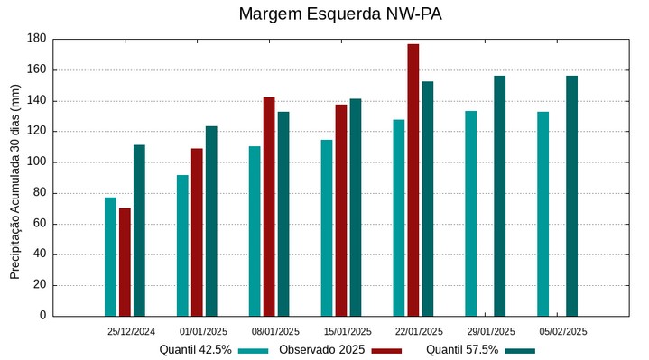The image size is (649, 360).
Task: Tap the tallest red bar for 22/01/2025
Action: point(413,180)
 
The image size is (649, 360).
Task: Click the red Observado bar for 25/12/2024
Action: point(125,262)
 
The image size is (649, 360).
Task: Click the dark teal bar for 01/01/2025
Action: point(211,221)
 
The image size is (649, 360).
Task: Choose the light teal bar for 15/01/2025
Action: point(326,227)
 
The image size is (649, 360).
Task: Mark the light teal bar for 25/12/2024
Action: point(110,256)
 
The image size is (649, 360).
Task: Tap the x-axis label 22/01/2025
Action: point(419,332)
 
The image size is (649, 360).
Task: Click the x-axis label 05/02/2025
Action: point(563,332)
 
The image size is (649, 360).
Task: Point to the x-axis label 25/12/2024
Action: point(131,332)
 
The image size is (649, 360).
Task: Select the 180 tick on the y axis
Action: point(36,39)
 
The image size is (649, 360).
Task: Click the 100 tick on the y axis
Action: point(36,162)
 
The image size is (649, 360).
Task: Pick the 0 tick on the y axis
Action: point(42,316)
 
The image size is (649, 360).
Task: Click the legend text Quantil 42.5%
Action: point(195,350)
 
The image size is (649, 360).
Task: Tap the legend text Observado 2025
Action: point(321,350)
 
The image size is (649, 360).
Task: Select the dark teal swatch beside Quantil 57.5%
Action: point(520,350)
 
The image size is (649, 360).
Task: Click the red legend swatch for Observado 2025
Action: point(386,350)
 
